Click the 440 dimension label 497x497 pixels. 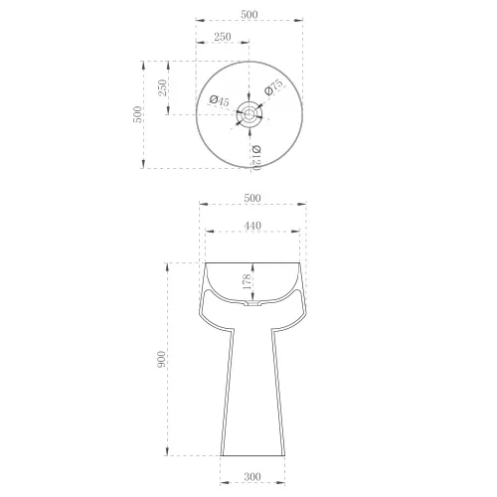click(252, 226)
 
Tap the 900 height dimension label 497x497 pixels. click(161, 359)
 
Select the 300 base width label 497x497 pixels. click(252, 477)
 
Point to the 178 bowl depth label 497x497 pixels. click(247, 281)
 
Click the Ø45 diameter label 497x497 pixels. click(220, 100)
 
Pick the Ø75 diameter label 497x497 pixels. click(273, 87)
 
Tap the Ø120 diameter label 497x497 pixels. click(256, 158)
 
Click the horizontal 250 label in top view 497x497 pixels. click(222, 37)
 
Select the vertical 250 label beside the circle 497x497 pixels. click(163, 87)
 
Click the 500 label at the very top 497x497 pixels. click(249, 15)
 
